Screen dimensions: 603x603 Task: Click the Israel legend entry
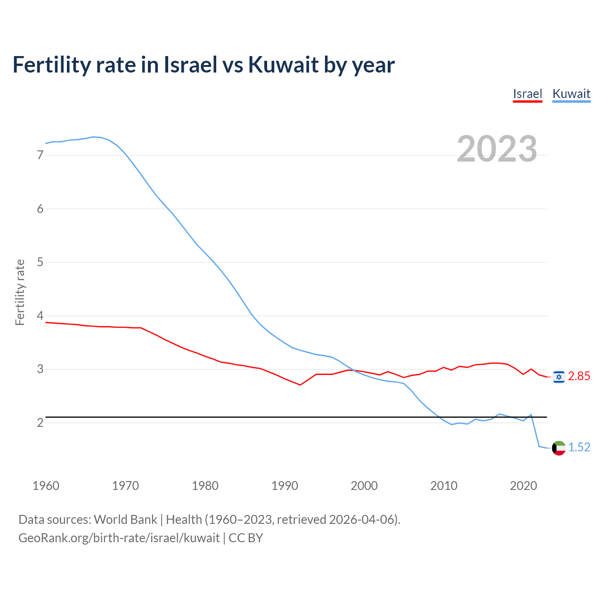click(528, 94)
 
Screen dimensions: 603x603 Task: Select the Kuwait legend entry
click(571, 94)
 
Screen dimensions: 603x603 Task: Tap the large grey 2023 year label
click(497, 149)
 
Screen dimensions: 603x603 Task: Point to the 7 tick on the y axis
click(40, 155)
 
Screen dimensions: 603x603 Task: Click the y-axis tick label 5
click(40, 262)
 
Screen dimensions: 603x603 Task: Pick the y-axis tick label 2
click(40, 423)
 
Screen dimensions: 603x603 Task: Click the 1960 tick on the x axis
click(46, 486)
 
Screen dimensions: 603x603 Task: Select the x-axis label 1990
click(285, 486)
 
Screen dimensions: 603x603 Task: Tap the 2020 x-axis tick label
click(523, 486)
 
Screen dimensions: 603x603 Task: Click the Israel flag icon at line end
click(559, 376)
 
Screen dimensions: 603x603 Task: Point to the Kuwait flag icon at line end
click(559, 448)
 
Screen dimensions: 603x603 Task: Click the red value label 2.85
click(579, 376)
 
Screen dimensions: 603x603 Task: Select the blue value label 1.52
click(579, 448)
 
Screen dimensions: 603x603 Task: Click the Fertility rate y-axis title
click(20, 292)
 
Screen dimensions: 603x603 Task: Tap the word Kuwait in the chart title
click(283, 65)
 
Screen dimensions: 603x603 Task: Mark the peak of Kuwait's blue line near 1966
click(93, 137)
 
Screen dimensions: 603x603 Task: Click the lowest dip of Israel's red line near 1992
click(300, 385)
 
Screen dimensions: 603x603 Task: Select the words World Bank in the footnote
click(125, 520)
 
